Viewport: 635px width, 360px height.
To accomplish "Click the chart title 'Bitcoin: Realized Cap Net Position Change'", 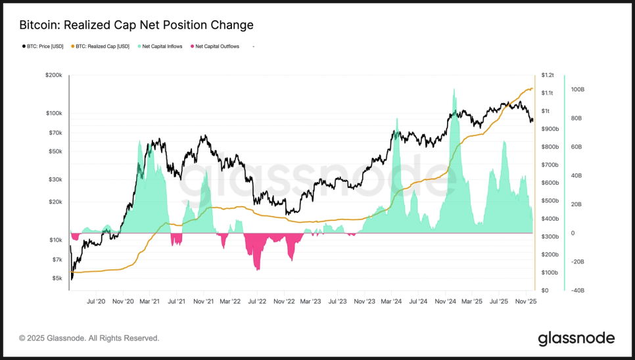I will pos(136,25).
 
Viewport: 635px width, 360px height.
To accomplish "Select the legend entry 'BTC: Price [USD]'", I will pos(45,47).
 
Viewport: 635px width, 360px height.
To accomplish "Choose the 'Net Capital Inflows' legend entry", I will pos(160,47).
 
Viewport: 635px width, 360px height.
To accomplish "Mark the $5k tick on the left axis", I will pos(57,278).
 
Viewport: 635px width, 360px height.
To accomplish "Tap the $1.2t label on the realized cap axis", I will pos(548,76).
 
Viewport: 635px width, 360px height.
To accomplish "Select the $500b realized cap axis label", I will pos(550,201).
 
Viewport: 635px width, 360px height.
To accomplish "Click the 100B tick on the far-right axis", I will pos(578,89).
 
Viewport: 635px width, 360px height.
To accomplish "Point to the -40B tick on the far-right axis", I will pos(578,290).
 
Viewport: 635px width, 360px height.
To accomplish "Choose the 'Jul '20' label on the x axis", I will pos(96,302).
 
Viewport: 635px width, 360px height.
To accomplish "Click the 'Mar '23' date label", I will pos(310,302).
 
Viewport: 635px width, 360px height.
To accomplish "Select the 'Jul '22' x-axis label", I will pos(257,302).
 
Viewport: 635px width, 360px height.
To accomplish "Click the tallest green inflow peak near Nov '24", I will pos(454,91).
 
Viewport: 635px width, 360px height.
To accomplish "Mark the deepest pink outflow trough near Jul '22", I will pos(258,269).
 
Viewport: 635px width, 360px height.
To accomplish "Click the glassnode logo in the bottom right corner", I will pos(576,338).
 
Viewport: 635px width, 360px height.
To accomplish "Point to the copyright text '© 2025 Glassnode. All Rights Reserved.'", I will pos(89,338).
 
